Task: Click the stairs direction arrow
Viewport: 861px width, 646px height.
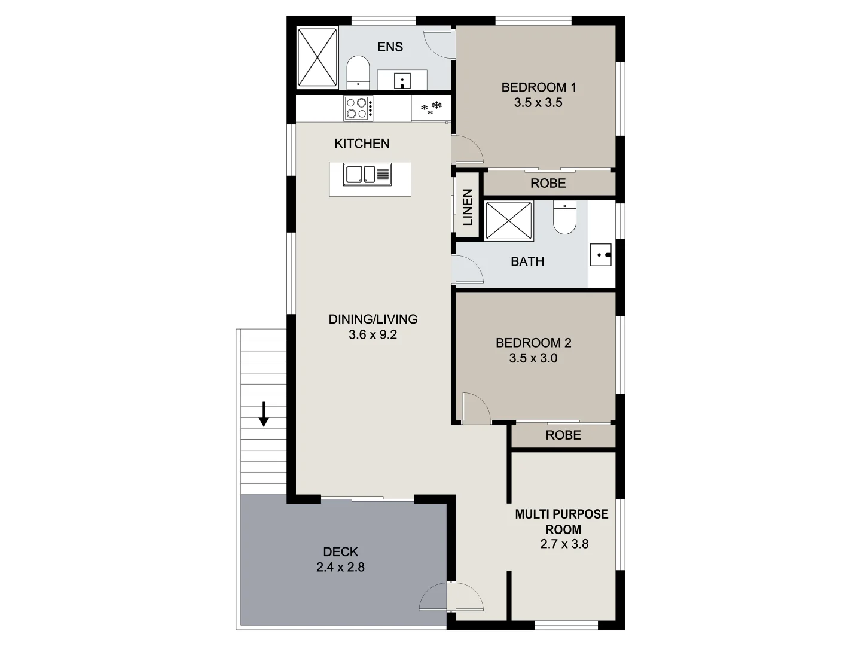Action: point(263,414)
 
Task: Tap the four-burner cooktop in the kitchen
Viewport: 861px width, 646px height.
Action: point(358,108)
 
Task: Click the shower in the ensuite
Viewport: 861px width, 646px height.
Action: point(317,58)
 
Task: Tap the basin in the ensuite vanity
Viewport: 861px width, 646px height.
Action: point(403,80)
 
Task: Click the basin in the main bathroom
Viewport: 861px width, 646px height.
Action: point(601,255)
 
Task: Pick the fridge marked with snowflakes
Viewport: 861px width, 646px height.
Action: point(431,108)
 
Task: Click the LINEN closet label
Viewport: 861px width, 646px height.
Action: point(468,207)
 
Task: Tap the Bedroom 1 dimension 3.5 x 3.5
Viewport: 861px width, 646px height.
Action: point(538,103)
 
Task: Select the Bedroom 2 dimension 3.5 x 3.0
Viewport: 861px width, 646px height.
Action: point(533,358)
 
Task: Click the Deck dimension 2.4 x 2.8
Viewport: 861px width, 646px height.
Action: point(340,567)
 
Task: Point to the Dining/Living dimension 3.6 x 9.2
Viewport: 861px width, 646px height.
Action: point(373,335)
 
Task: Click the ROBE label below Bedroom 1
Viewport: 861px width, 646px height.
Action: point(548,183)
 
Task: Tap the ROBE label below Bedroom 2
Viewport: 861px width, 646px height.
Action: point(563,435)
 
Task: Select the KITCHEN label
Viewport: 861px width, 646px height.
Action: point(362,144)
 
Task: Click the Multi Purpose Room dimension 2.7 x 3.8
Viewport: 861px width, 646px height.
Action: point(564,544)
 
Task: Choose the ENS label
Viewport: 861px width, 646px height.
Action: point(390,47)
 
